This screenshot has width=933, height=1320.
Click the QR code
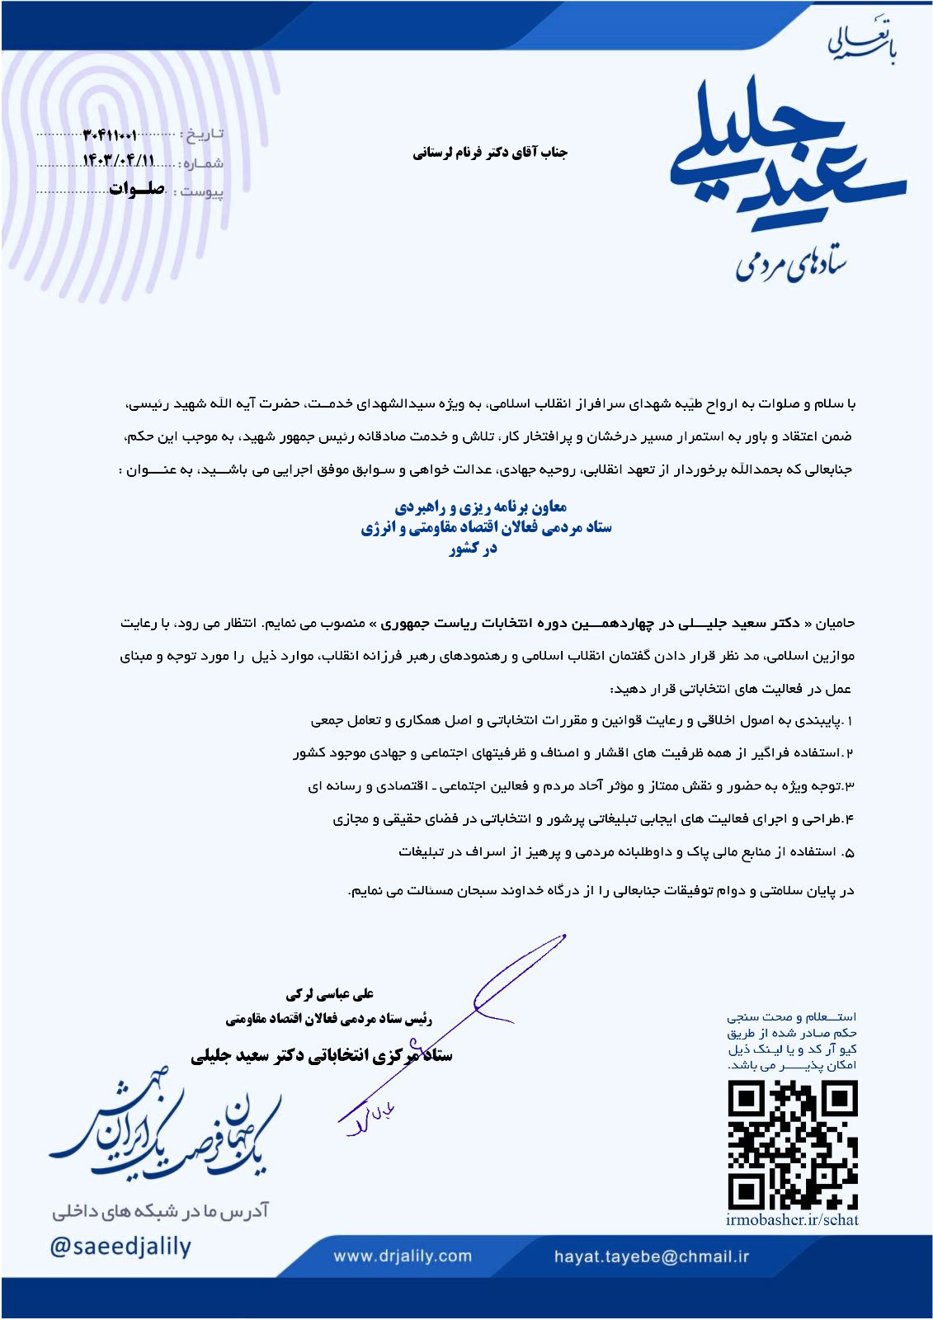tap(793, 1144)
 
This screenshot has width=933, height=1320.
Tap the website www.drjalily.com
tap(403, 1256)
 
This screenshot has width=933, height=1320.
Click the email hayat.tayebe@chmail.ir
tap(652, 1256)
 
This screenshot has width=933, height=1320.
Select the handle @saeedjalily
tap(120, 1246)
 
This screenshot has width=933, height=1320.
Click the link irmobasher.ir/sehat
tap(792, 1220)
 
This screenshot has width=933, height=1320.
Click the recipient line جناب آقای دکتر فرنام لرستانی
tap(490, 153)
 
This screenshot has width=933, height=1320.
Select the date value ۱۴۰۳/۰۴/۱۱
tap(119, 161)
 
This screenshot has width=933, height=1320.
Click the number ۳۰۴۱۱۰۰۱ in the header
tap(111, 134)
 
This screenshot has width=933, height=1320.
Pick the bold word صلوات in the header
tap(137, 190)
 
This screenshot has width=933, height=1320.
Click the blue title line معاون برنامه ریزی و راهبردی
tap(480, 507)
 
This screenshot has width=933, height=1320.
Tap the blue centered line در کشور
tap(473, 549)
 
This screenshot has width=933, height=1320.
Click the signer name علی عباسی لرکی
tap(329, 994)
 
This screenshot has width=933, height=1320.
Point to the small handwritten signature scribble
tap(369, 1119)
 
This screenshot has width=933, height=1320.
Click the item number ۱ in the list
tap(850, 721)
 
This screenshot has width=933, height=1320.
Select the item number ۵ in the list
tap(850, 852)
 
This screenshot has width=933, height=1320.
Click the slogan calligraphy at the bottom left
tap(165, 1130)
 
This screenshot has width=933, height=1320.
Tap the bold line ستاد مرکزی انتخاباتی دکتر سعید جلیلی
tap(322, 1055)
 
